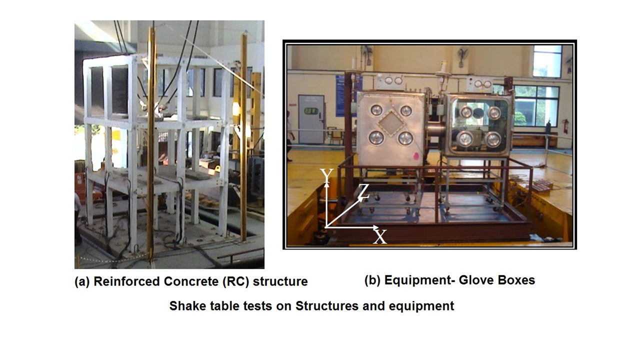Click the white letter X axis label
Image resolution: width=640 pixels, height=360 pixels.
(380, 236)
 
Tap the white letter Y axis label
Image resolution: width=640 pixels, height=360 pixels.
(326, 175)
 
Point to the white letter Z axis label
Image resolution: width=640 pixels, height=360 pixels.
(363, 191)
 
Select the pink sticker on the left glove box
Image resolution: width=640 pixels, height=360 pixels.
(416, 156)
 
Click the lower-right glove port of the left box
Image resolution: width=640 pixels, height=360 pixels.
(405, 138)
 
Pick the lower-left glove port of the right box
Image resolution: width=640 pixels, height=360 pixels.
(465, 139)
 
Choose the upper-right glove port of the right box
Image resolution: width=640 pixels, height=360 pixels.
(494, 112)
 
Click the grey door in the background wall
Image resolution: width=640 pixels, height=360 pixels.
(311, 119)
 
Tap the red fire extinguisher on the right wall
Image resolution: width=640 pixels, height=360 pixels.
(565, 126)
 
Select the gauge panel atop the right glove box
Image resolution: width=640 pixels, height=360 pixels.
(481, 84)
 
